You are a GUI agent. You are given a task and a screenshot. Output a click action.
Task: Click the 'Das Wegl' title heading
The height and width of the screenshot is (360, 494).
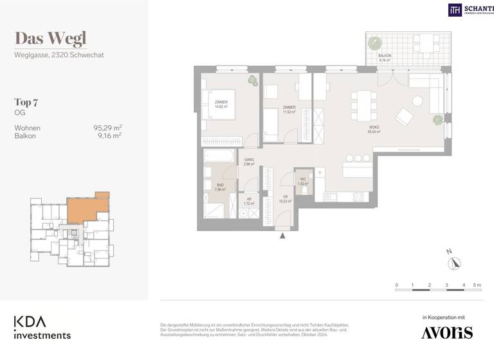(x=50, y=39)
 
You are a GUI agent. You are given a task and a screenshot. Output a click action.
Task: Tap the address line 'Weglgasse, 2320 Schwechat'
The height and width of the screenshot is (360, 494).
(x=59, y=55)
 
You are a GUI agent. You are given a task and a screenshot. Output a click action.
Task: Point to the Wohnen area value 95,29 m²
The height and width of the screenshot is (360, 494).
(x=107, y=128)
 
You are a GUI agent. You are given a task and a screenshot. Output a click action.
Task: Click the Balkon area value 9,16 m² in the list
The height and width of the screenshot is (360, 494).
(x=109, y=136)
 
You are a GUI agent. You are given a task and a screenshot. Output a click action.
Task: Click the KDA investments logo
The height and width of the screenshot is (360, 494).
(x=42, y=327)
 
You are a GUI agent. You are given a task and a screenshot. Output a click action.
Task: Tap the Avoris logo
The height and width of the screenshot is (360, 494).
(x=446, y=332)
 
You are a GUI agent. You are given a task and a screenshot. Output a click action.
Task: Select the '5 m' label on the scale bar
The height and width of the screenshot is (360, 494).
(x=477, y=284)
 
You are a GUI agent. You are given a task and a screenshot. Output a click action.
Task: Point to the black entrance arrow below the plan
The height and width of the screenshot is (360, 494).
(x=282, y=236)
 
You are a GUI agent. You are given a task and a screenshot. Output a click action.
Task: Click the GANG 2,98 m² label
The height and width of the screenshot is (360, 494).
(x=249, y=163)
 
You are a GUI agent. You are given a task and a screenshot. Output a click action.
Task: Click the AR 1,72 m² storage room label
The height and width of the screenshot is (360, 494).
(x=249, y=201)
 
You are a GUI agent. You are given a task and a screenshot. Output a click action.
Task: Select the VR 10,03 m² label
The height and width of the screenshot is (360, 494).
(x=285, y=199)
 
